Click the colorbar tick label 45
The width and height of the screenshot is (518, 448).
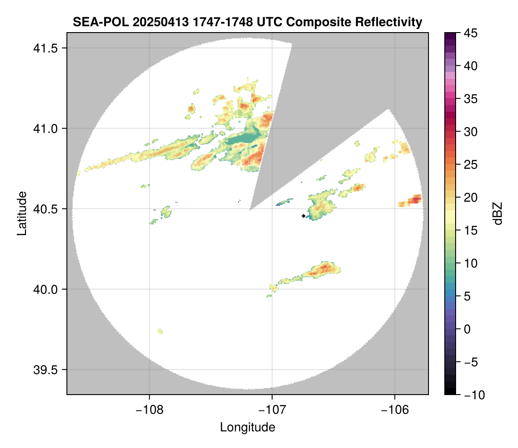tap(472, 33)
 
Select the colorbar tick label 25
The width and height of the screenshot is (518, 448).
tap(472, 165)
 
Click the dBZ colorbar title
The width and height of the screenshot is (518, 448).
tap(498, 214)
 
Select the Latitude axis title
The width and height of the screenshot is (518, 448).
tap(21, 213)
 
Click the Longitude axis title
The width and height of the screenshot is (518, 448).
tap(247, 427)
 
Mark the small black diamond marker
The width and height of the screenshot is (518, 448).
tap(303, 216)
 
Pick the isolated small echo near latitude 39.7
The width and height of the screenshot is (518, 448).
tap(160, 332)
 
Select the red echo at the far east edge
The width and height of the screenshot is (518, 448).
tap(414, 200)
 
